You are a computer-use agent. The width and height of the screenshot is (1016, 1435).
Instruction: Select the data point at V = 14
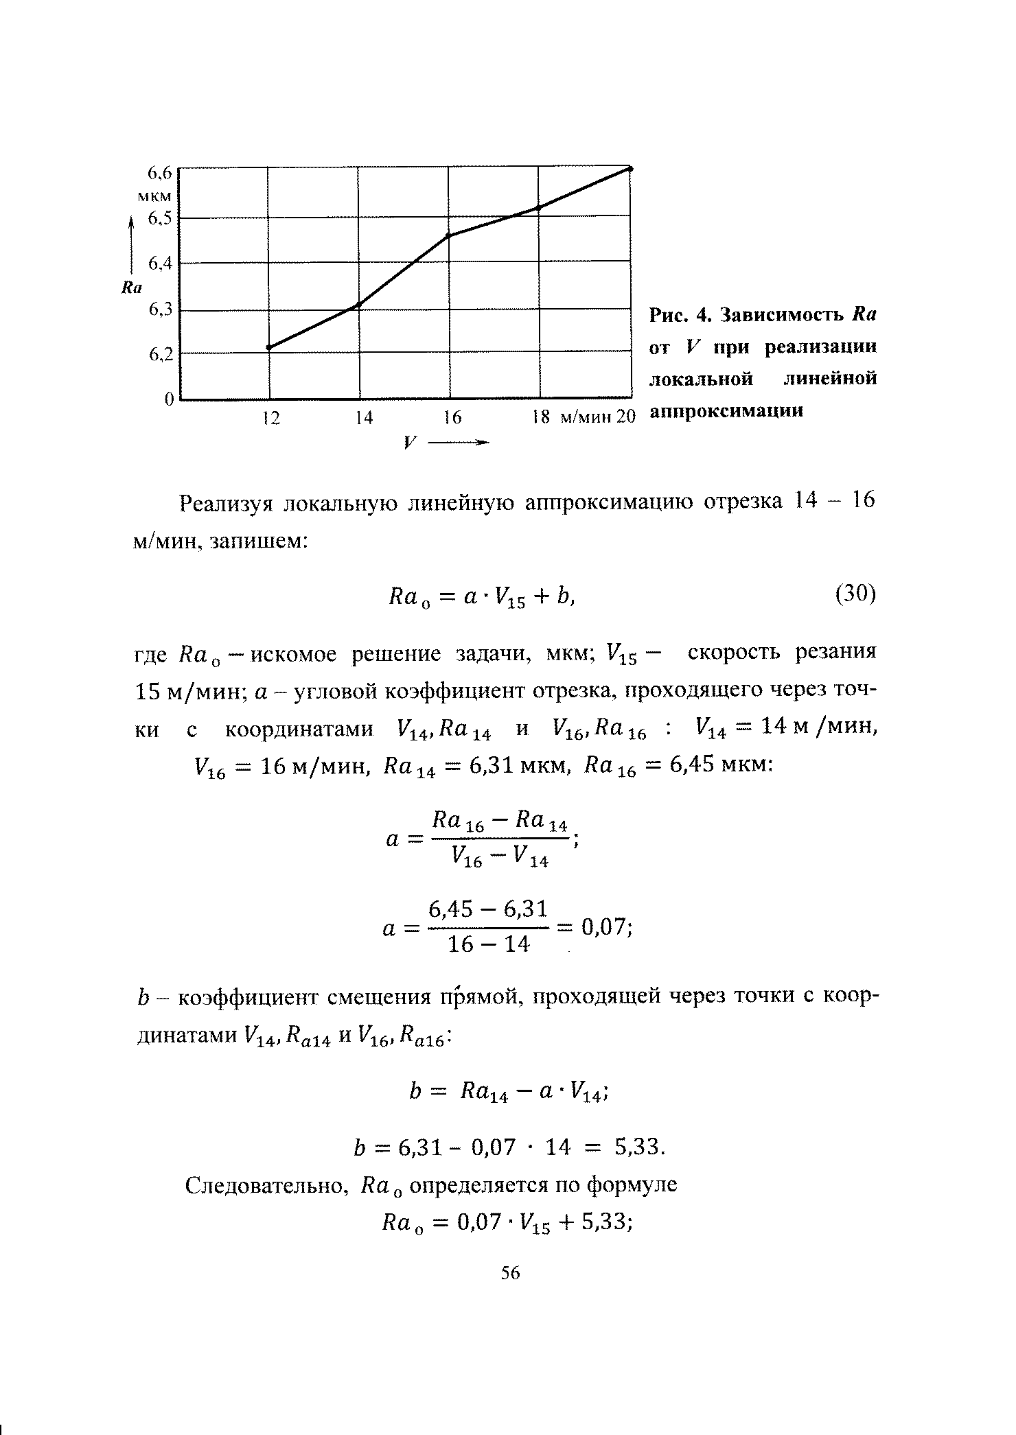coord(358,305)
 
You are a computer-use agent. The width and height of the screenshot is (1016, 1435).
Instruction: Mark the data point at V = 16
coord(448,236)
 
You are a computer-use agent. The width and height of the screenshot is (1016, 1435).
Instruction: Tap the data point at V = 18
coord(538,207)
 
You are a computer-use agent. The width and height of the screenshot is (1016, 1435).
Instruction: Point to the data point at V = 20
coord(630,168)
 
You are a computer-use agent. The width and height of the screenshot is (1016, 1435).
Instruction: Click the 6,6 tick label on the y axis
coord(159,172)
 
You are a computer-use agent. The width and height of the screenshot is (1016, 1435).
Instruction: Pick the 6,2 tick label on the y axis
coord(159,355)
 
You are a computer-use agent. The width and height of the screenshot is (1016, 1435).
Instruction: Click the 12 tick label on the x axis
coord(273,418)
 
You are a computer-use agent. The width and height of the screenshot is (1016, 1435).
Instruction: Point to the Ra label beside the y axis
coord(130,289)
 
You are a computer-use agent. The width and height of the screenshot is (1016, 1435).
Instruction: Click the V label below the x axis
coord(411,443)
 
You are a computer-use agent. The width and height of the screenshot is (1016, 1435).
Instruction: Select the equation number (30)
coord(855,594)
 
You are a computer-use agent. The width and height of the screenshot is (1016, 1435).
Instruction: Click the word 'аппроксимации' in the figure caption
coord(726,412)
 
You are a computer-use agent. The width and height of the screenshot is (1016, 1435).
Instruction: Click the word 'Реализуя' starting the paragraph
coord(227,504)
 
